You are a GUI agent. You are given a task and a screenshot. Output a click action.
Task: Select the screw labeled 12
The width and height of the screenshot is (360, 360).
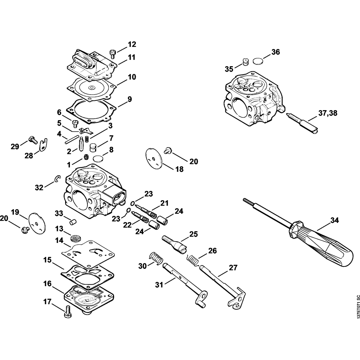113,54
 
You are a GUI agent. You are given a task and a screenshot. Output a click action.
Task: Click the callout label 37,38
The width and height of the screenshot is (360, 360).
328,113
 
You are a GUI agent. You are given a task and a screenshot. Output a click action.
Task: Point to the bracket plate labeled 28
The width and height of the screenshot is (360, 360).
43,144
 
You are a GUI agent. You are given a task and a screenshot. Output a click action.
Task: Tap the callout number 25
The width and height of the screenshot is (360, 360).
193,234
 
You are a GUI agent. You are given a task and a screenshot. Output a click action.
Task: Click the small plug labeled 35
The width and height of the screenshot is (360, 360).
246,62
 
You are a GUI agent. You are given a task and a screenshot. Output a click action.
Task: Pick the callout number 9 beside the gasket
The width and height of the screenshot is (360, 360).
129,99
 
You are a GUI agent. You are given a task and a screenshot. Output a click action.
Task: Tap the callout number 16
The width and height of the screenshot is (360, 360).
47,284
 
